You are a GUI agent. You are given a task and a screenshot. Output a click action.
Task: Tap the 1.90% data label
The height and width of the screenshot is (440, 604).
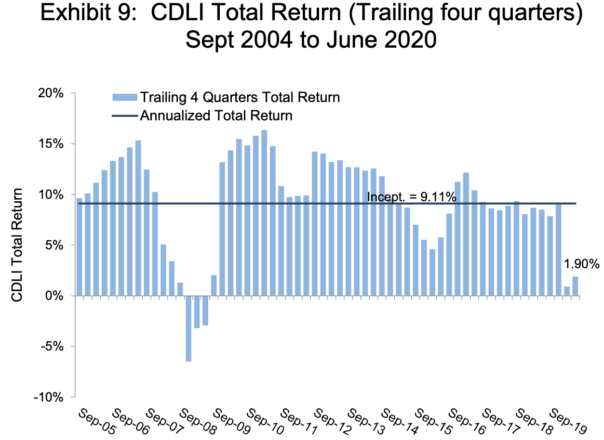point(581,264)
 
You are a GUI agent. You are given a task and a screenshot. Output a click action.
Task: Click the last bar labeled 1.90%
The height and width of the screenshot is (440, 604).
point(575,286)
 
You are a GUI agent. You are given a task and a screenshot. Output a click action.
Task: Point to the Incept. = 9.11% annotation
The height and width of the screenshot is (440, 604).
point(412,196)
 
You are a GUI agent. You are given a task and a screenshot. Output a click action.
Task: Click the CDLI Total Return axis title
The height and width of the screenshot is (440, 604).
point(17,245)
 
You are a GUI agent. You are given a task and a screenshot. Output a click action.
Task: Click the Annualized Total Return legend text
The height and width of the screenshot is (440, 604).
point(216,116)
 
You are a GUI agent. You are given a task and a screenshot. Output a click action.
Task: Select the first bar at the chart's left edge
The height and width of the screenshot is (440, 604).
point(79,247)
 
